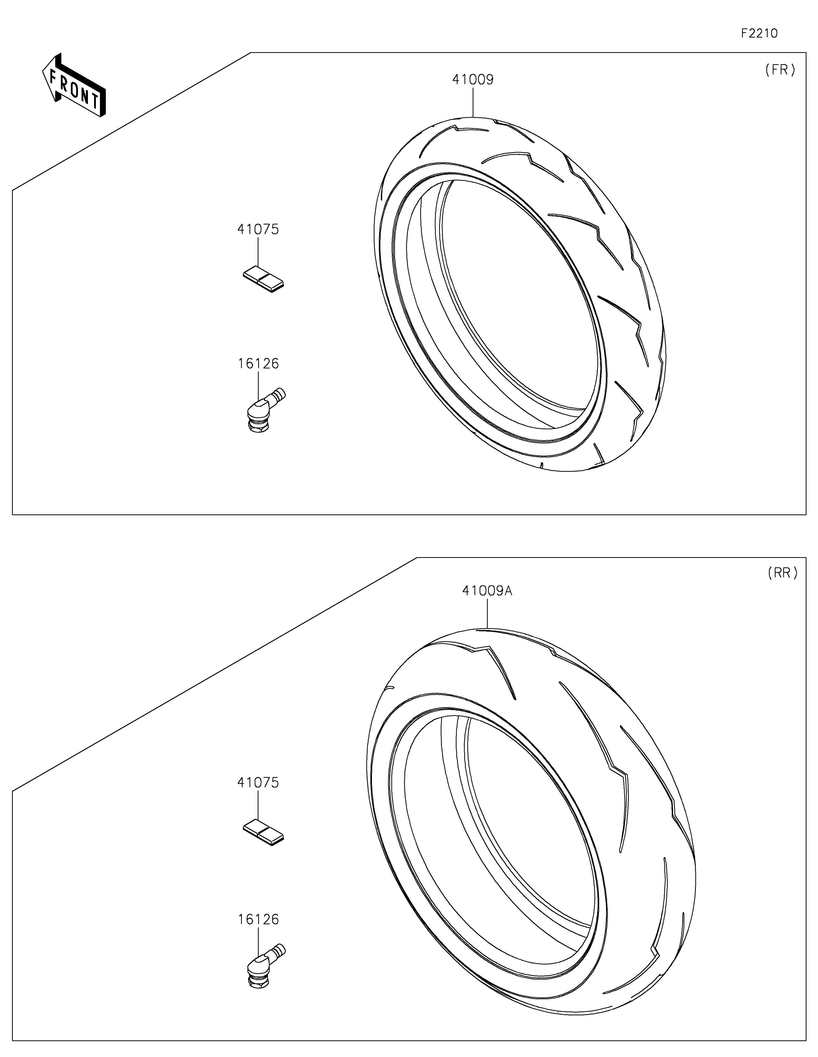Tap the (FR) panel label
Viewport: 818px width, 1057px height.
coord(780,70)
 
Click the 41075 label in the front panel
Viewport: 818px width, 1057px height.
coord(258,229)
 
